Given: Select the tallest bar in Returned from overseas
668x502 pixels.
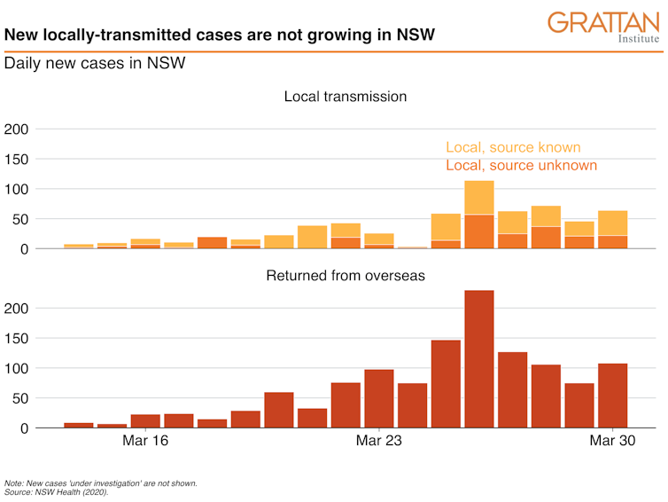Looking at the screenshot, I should [x=479, y=359].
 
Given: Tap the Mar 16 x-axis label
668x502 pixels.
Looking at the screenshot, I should [x=146, y=441].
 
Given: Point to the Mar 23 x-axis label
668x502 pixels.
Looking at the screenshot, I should [x=379, y=441].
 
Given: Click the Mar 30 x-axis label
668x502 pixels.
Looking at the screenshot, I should [x=612, y=441].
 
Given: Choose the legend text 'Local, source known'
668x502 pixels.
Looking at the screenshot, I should [x=513, y=147].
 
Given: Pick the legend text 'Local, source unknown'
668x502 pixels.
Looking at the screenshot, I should [x=521, y=165].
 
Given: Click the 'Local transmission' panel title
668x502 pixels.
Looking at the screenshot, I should [x=346, y=96].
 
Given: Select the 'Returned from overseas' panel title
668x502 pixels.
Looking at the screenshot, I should [x=346, y=275].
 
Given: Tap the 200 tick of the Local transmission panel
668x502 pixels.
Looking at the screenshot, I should [x=18, y=129].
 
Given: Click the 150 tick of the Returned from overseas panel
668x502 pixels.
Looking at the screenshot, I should [x=18, y=339].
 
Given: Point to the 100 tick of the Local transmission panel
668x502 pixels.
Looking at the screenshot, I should [x=18, y=189].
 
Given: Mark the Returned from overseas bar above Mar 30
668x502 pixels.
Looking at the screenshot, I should [x=612, y=396].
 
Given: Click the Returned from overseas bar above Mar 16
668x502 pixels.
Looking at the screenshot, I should [x=146, y=421].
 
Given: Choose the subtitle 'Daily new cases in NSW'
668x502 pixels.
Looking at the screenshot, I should [x=94, y=65].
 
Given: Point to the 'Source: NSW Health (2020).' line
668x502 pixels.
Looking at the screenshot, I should [x=56, y=492].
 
